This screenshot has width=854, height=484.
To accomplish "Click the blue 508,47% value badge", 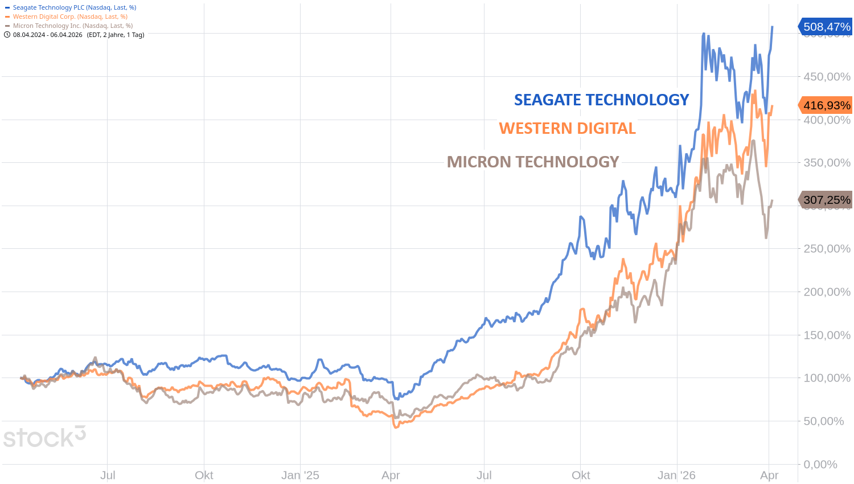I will click(x=827, y=27).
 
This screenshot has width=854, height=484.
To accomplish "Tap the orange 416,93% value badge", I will click(x=827, y=105).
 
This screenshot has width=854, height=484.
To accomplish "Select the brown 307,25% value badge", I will click(x=827, y=200).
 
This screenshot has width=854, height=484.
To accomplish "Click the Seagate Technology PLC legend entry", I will click(x=74, y=7).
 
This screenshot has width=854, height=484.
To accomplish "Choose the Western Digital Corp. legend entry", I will click(x=70, y=17).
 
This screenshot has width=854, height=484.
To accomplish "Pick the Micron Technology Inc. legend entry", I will click(x=72, y=26).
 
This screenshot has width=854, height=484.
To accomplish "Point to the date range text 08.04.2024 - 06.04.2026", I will click(x=48, y=35).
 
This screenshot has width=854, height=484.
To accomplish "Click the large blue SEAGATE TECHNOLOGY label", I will click(x=601, y=100).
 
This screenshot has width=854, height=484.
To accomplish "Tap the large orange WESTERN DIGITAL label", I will click(x=567, y=129).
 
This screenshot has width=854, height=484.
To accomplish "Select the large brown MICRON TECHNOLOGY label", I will click(x=532, y=162).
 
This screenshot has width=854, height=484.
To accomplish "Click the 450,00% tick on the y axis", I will click(x=827, y=76).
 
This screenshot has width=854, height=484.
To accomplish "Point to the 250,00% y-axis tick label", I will click(x=827, y=249).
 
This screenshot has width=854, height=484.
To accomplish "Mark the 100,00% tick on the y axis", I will click(x=827, y=378).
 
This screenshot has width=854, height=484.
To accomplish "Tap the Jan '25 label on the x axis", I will click(x=300, y=475).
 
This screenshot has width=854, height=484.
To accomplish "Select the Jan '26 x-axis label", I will click(x=676, y=475).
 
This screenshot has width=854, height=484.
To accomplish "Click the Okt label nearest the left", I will click(x=204, y=475).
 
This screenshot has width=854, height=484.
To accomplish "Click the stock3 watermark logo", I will click(x=44, y=437).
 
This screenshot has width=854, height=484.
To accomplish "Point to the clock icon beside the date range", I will click(x=7, y=35).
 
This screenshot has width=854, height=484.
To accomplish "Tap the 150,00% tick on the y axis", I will click(x=827, y=335).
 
